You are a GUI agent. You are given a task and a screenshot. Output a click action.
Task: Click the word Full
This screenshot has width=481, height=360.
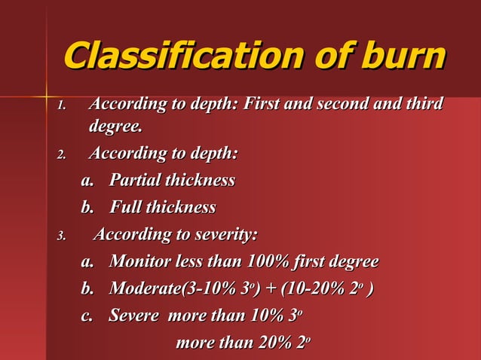pyautogui.click(x=126, y=207)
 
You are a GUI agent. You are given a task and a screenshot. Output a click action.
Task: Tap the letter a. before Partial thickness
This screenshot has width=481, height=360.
pyautogui.click(x=88, y=181)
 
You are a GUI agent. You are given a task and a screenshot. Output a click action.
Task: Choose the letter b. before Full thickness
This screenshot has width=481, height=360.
pyautogui.click(x=88, y=207)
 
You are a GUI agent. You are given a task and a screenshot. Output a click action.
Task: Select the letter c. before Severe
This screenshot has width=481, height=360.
pyautogui.click(x=88, y=316)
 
